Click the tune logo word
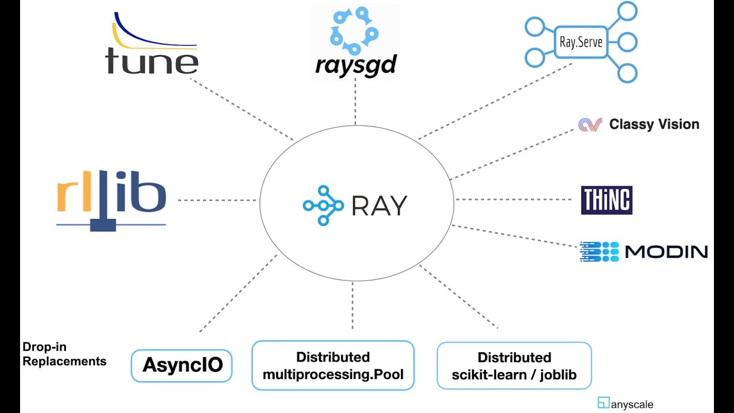pyautogui.click(x=152, y=60)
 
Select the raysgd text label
pyautogui.click(x=356, y=65)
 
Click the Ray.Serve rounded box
pyautogui.click(x=580, y=42)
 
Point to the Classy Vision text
pyautogui.click(x=654, y=124)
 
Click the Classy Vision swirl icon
pyautogui.click(x=590, y=124)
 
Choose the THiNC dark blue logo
pyautogui.click(x=606, y=200)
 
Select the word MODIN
pyautogui.click(x=666, y=252)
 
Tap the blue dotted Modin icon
pyautogui.click(x=599, y=252)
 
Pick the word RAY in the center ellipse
pyautogui.click(x=379, y=205)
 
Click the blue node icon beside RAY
pyautogui.click(x=323, y=205)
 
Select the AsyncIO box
pyautogui.click(x=182, y=365)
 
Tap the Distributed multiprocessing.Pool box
pyautogui.click(x=333, y=366)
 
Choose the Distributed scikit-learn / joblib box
pyautogui.click(x=514, y=366)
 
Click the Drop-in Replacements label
pyautogui.click(x=64, y=354)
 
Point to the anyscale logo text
pyautogui.click(x=631, y=404)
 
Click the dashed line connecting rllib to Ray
pyautogui.click(x=217, y=200)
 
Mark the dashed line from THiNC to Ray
pyautogui.click(x=513, y=200)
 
